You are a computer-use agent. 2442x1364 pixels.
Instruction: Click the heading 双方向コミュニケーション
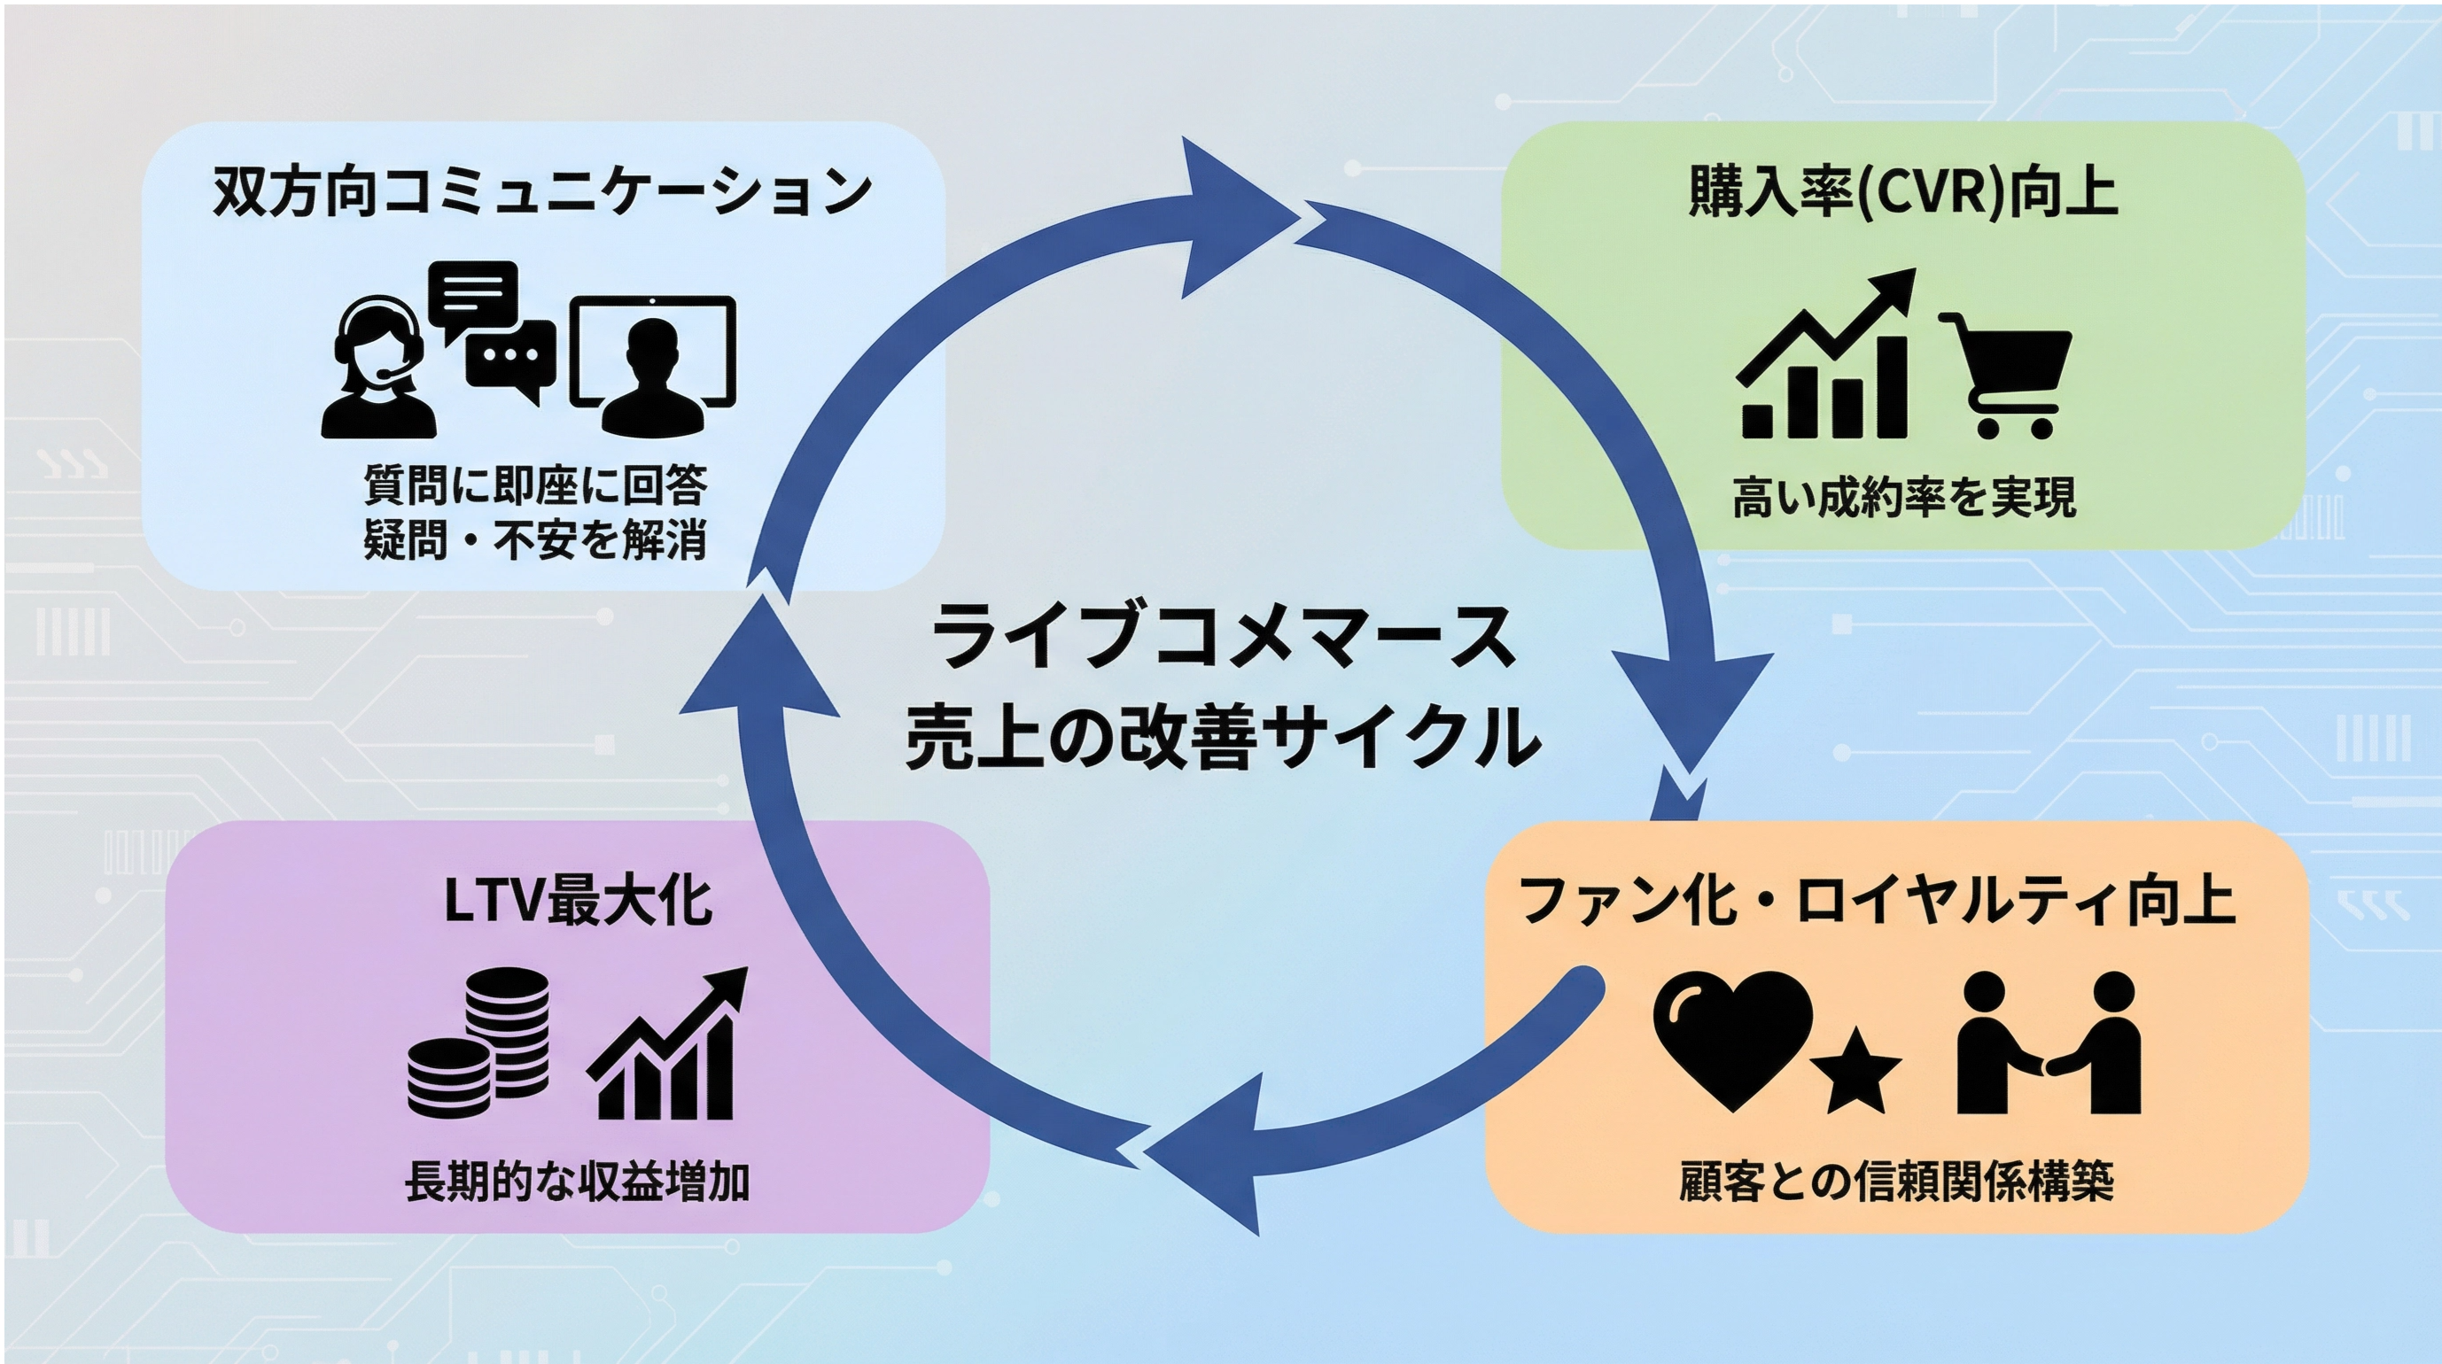tap(541, 191)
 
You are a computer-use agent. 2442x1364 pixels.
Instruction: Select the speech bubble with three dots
tap(510, 359)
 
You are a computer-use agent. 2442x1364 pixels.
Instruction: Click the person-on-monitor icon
tap(652, 365)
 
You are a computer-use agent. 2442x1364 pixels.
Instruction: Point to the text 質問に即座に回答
tap(535, 485)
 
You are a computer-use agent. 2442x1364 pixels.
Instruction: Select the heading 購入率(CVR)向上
tap(1902, 192)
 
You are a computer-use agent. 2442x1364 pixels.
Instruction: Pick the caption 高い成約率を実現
tap(1903, 498)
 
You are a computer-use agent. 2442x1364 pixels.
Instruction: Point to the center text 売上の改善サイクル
tap(1223, 738)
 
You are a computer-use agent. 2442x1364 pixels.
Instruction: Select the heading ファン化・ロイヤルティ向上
tap(1877, 901)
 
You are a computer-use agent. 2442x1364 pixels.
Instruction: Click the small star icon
tap(1855, 1075)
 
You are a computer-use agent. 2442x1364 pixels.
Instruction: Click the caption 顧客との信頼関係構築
tap(1896, 1182)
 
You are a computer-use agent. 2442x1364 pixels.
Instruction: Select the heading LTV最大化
tap(578, 901)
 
